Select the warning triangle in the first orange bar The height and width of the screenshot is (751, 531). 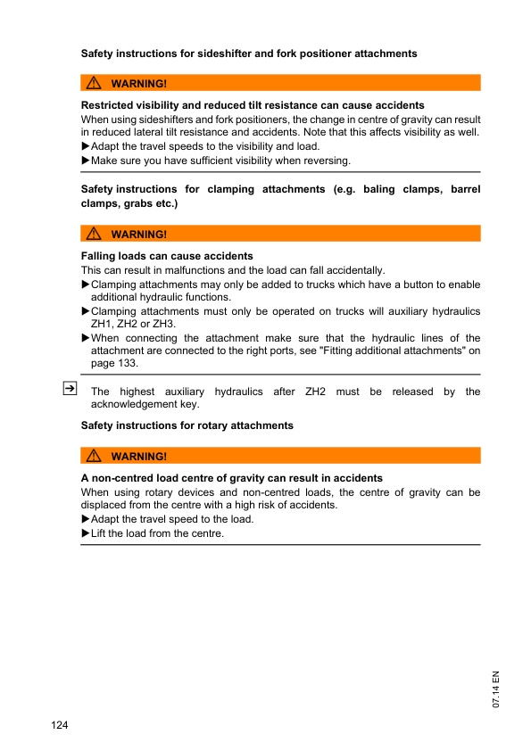pyautogui.click(x=94, y=83)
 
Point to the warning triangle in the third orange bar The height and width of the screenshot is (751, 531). pyautogui.click(x=94, y=457)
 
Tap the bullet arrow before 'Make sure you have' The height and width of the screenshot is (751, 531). pyautogui.click(x=86, y=161)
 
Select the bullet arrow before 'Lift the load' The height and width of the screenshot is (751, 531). pyautogui.click(x=86, y=533)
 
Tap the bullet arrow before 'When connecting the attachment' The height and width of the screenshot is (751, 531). pyautogui.click(x=86, y=338)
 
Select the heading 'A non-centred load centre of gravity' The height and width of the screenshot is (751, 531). pyautogui.click(x=231, y=478)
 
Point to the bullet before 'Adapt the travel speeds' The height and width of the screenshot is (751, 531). pyautogui.click(x=86, y=146)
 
